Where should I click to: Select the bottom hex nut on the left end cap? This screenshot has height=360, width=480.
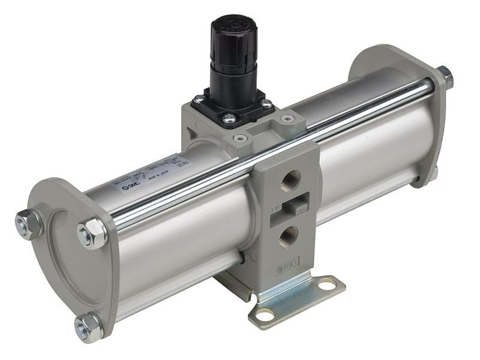point(89,328)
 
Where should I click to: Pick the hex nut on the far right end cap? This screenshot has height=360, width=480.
point(444,77)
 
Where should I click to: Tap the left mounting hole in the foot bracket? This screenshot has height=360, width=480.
point(265,314)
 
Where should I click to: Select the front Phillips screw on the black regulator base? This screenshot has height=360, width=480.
point(229,119)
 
